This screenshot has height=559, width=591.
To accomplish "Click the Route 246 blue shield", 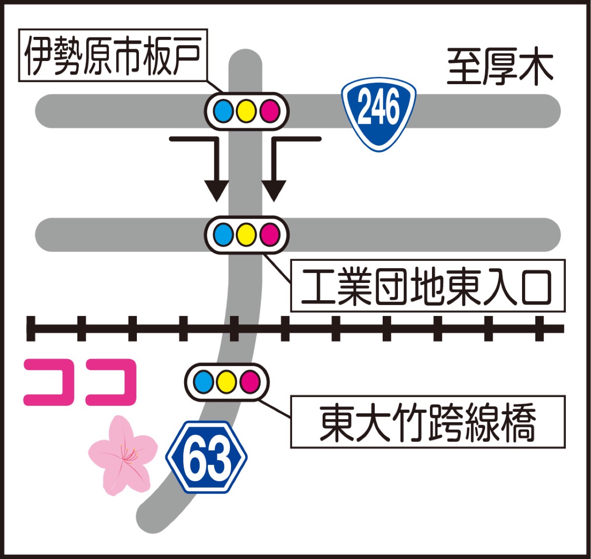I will (x=379, y=112).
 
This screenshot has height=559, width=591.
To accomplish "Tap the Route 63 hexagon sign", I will (x=207, y=457).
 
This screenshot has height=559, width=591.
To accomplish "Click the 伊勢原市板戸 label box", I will (x=113, y=55).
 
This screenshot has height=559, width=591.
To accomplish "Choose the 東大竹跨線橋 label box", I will (x=427, y=422).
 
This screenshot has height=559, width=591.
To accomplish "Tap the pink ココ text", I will (x=80, y=382).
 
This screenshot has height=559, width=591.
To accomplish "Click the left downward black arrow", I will (x=216, y=187).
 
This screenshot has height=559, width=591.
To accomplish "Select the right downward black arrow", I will (x=274, y=187).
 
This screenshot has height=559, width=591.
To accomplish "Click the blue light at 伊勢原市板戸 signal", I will (x=224, y=111).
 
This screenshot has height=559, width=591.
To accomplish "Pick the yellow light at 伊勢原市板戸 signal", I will (x=246, y=111).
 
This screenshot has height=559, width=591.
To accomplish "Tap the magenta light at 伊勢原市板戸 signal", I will (x=269, y=111).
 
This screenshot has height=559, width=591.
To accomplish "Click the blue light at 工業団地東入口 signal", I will (x=224, y=235).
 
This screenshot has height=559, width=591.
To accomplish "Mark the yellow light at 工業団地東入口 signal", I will (x=246, y=235).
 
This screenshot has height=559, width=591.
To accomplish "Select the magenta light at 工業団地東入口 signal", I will (x=269, y=235).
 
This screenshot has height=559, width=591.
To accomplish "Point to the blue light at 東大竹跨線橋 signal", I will (x=204, y=382).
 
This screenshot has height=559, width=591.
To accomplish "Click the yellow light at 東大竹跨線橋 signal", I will (x=227, y=382).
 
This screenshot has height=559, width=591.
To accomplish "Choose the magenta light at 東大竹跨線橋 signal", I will (x=250, y=382).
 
